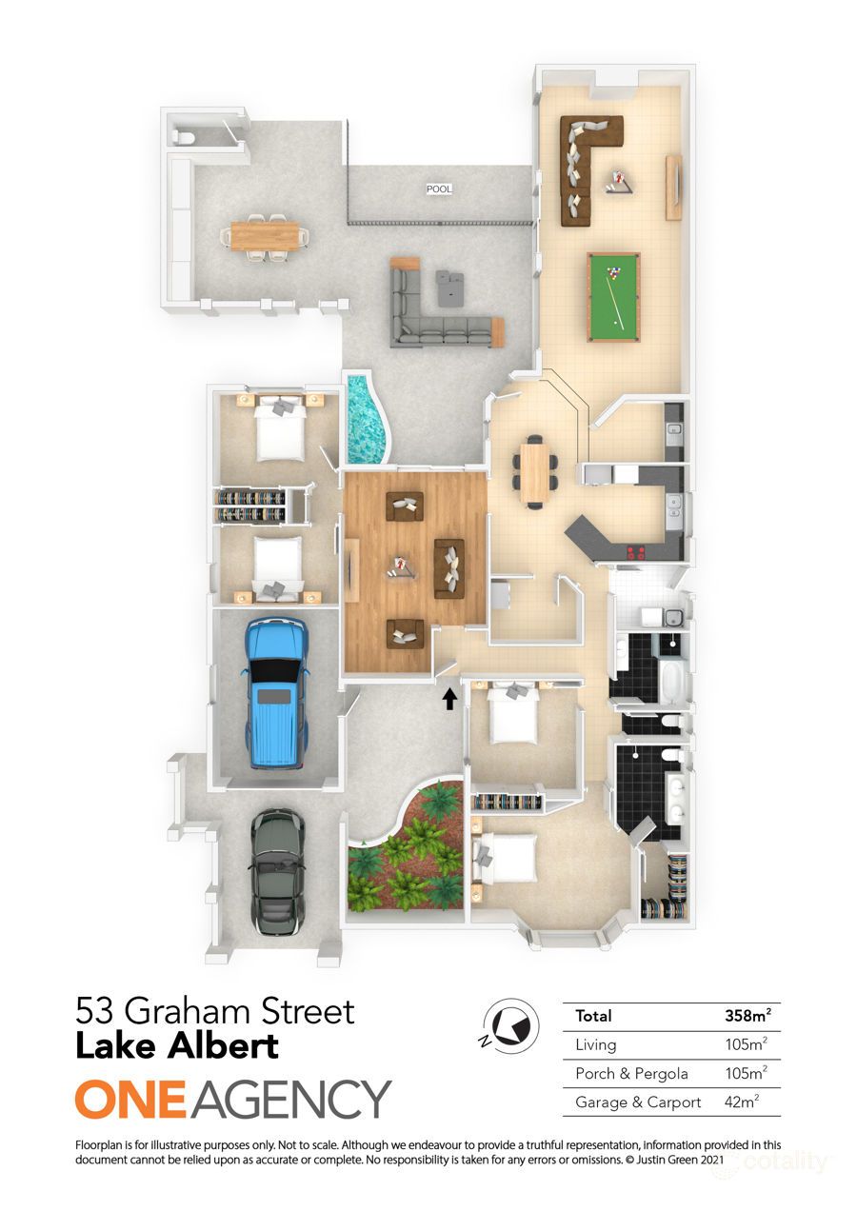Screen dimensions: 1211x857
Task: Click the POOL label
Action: click(x=439, y=189)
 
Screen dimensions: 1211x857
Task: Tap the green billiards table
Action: click(x=613, y=296)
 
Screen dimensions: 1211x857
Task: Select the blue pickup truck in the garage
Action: click(x=277, y=692)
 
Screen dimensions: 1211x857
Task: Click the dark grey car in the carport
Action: click(x=277, y=871)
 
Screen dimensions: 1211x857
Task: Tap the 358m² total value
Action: click(x=747, y=1016)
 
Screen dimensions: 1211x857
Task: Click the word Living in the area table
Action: click(x=596, y=1045)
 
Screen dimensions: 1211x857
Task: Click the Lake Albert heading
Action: click(x=177, y=1046)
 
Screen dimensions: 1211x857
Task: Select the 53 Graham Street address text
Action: click(x=215, y=1010)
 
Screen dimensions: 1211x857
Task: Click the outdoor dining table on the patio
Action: click(x=265, y=235)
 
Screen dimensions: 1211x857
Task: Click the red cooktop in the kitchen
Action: click(x=637, y=553)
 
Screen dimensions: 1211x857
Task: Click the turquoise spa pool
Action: click(x=368, y=420)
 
